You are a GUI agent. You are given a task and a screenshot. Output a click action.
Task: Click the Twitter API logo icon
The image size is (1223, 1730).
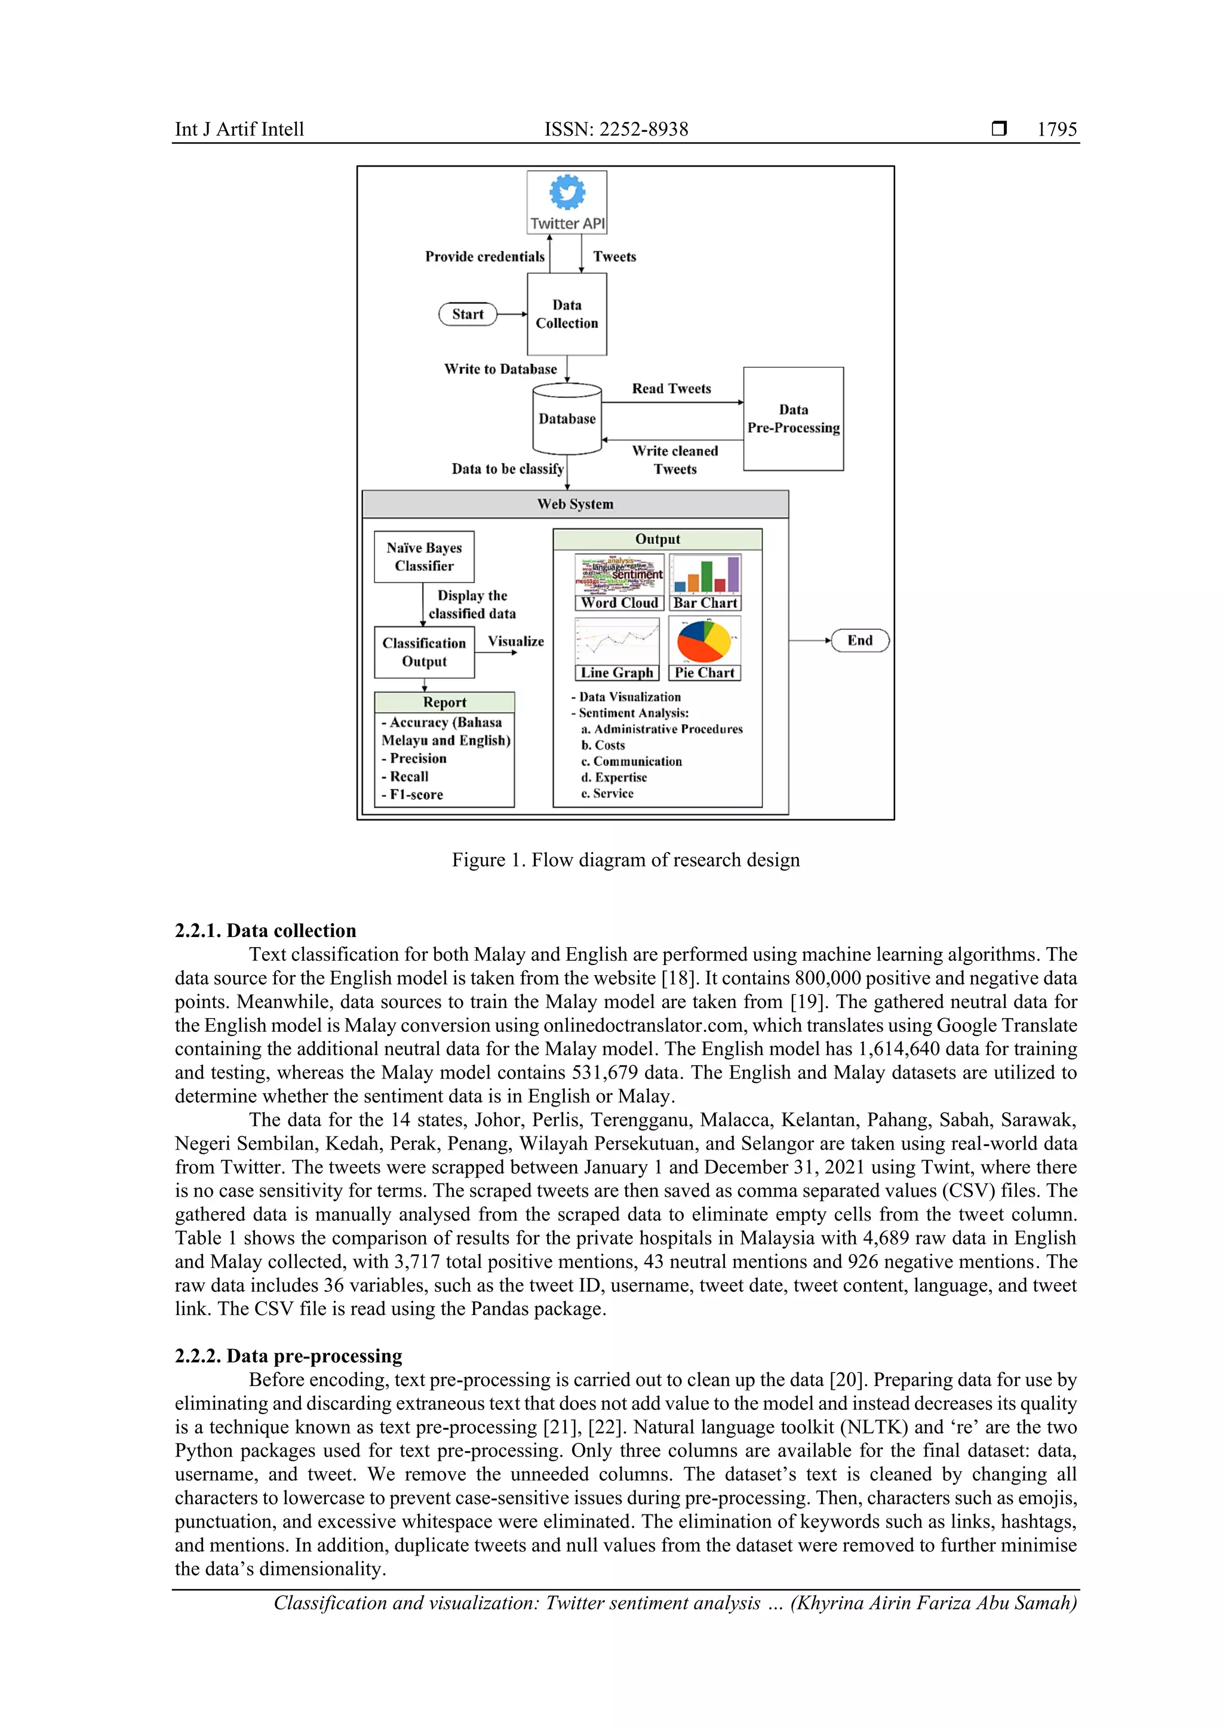click(567, 192)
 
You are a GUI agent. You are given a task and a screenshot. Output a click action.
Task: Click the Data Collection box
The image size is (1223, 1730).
click(567, 314)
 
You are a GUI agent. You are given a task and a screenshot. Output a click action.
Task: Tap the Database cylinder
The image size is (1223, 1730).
click(567, 419)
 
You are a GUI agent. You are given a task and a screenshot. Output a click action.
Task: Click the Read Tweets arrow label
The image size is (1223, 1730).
click(671, 389)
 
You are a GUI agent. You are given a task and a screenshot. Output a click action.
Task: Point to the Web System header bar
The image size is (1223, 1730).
click(575, 504)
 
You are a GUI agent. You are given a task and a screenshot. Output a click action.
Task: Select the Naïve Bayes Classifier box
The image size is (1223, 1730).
click(424, 557)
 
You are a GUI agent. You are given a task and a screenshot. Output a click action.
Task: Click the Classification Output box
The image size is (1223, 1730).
click(424, 652)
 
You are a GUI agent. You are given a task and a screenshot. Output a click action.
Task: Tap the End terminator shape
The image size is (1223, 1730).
click(860, 640)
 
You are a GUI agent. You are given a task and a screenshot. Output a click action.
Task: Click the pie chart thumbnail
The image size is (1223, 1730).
click(704, 640)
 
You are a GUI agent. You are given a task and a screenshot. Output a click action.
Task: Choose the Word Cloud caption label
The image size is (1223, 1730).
click(619, 603)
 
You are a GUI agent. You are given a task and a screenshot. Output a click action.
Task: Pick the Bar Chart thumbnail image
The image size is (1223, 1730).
click(705, 574)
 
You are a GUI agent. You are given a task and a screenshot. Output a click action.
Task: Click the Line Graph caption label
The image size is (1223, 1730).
click(616, 673)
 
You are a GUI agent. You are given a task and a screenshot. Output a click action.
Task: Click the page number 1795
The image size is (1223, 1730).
click(1056, 130)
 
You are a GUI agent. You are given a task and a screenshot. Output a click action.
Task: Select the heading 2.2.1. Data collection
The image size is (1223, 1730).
click(265, 930)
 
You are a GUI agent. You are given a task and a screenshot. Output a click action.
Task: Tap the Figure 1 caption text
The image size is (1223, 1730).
click(625, 860)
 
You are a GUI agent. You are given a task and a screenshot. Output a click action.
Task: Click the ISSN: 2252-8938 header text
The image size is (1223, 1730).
click(616, 130)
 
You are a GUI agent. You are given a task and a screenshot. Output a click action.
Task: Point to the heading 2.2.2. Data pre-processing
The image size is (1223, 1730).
click(288, 1356)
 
